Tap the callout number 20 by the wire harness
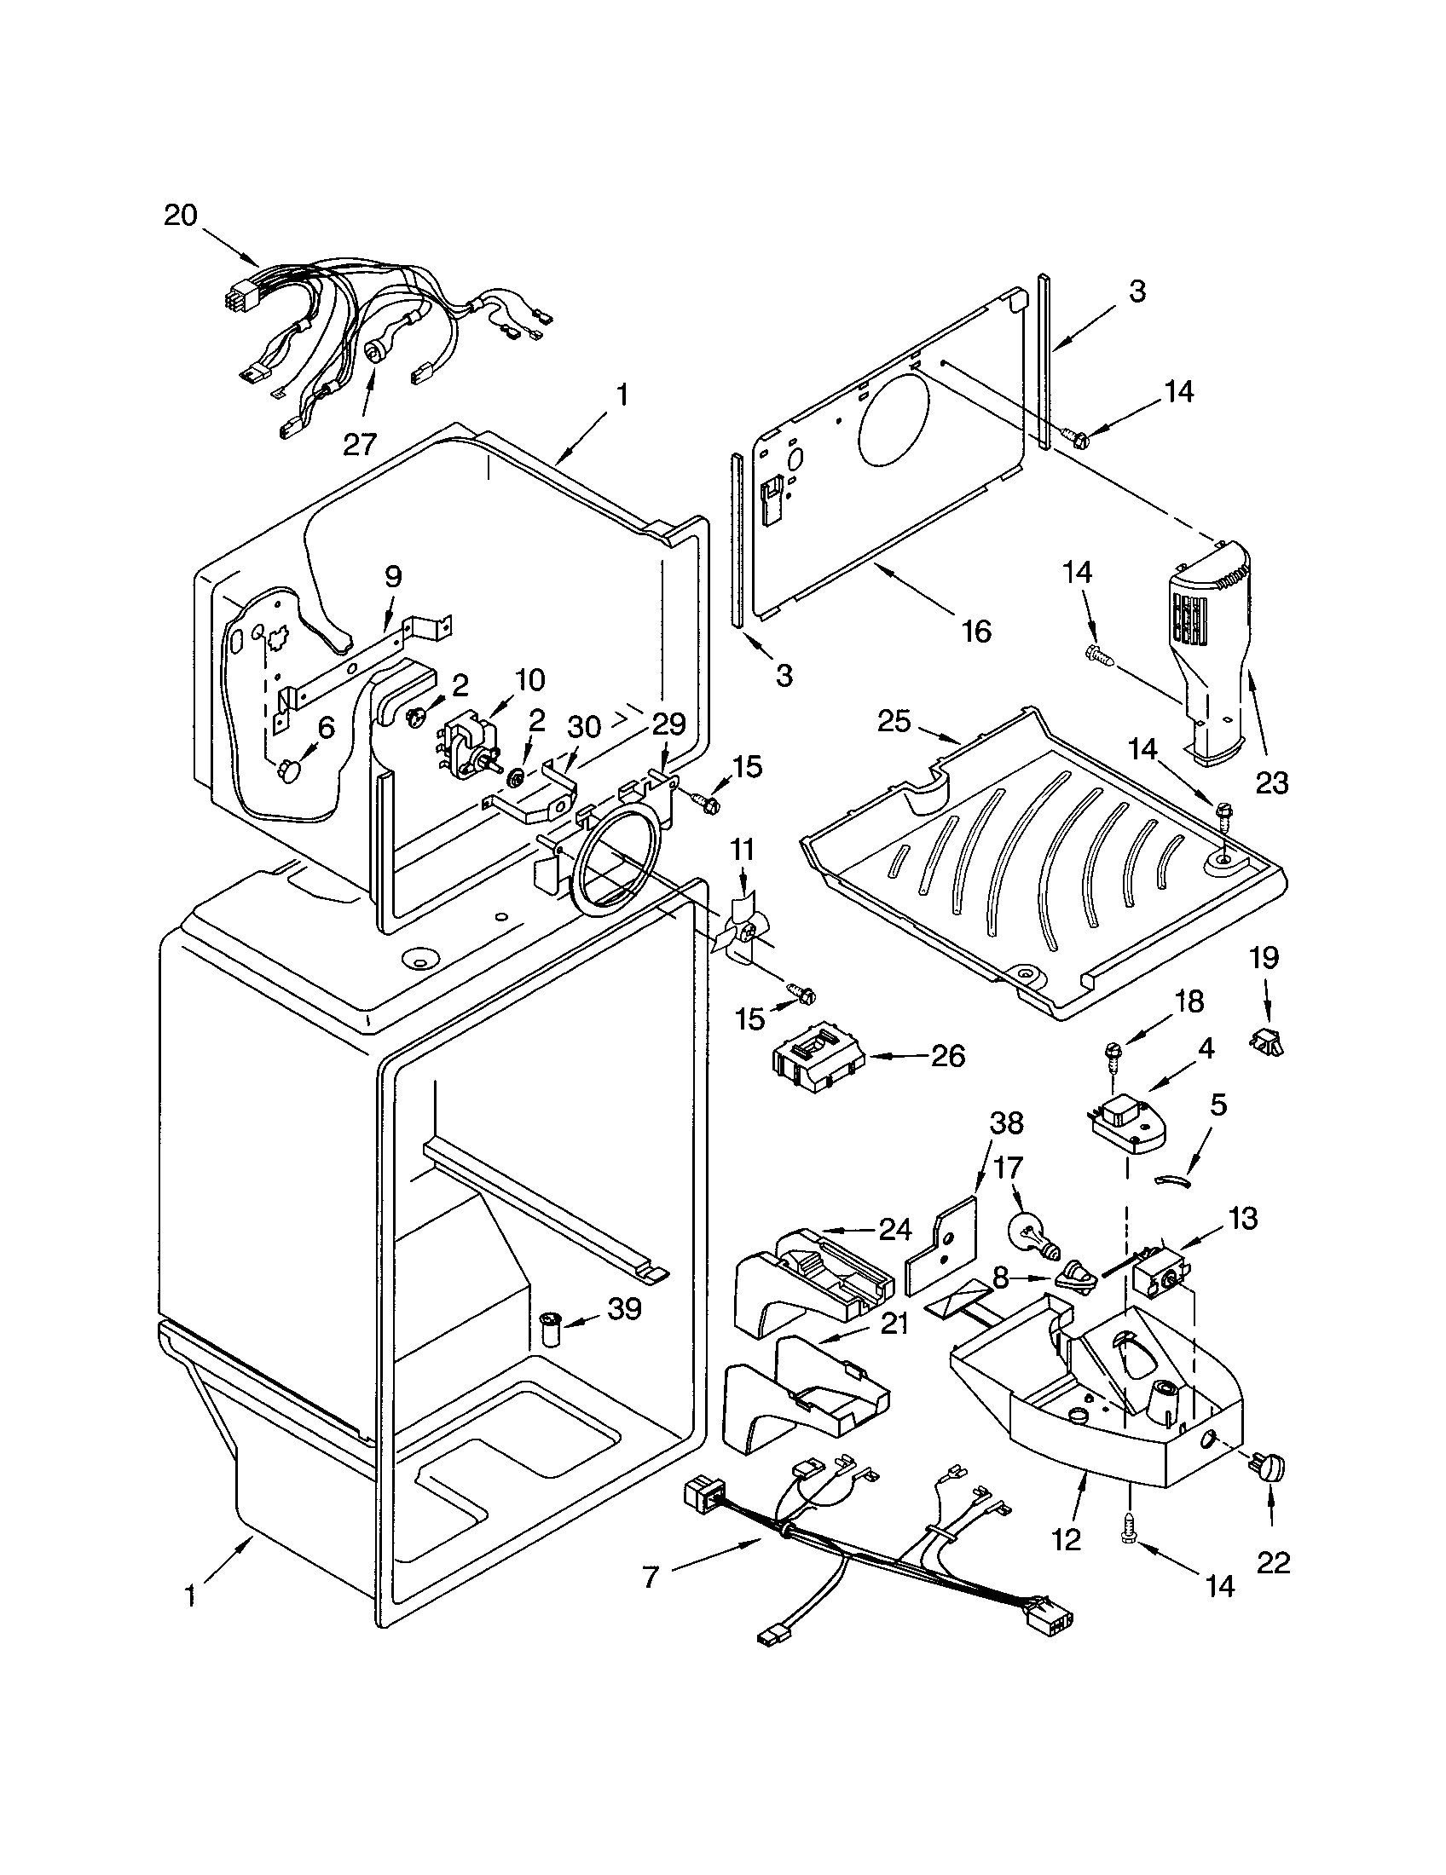[x=180, y=215]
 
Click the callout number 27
[x=360, y=443]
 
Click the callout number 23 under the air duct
[x=1272, y=782]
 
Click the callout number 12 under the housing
[x=1067, y=1539]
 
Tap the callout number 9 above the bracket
[x=392, y=576]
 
